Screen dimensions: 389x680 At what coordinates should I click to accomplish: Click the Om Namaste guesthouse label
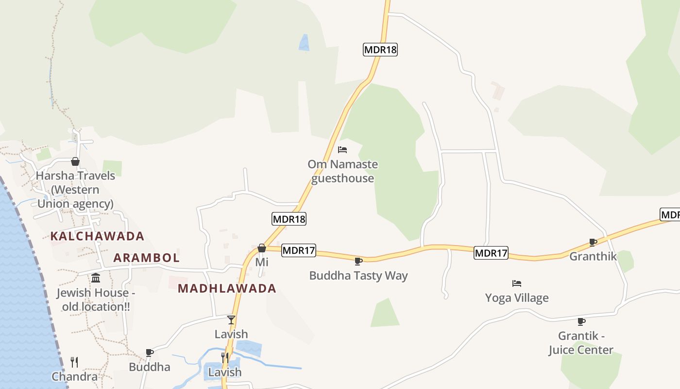pos(343,171)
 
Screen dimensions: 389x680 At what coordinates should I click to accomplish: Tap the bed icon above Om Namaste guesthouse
pos(342,150)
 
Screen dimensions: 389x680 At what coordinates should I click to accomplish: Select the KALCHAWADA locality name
pos(97,236)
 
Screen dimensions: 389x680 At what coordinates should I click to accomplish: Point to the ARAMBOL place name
pos(146,258)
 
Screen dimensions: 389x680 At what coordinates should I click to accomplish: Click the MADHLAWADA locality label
pos(227,288)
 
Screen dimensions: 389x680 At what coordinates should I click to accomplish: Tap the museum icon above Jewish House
pos(96,278)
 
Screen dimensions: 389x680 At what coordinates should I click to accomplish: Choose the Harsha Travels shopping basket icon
pos(75,161)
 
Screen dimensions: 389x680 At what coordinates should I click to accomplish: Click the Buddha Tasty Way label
pos(358,276)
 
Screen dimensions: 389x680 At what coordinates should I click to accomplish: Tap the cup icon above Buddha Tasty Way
pos(358,261)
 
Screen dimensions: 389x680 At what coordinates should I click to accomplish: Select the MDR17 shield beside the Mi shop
pos(299,250)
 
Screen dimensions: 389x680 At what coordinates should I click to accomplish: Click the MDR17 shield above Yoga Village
pos(491,253)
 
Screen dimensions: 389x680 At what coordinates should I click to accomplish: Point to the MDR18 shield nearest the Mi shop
pos(289,219)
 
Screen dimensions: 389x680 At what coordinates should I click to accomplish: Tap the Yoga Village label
pos(517,298)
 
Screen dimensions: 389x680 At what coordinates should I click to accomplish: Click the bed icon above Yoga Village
pos(517,283)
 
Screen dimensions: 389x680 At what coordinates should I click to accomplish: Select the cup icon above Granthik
pos(593,242)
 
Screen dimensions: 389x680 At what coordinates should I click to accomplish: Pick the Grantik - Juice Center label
pos(581,343)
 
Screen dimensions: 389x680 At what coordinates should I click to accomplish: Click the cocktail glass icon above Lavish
pos(231,319)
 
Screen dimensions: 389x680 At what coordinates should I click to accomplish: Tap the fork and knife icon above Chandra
pos(74,362)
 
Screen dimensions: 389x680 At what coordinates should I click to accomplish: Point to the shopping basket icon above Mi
pos(262,248)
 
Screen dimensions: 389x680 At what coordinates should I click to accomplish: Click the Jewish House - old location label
pos(96,300)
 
